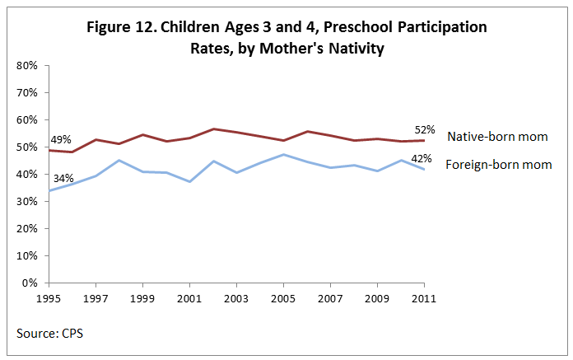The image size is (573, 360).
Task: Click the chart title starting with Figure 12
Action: point(287,38)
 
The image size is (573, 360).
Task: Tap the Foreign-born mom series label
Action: point(498,164)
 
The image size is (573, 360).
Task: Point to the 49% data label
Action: point(60,140)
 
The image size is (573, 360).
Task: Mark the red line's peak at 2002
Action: point(213,129)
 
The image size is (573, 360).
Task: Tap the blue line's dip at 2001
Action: point(190,181)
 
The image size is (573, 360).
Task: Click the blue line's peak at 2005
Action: point(284,154)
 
